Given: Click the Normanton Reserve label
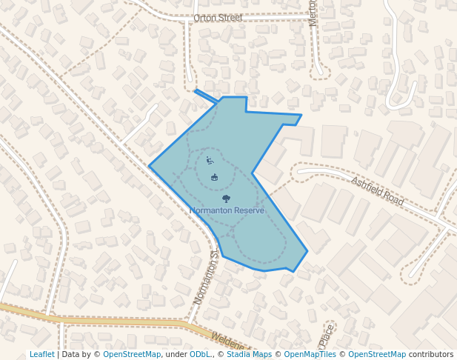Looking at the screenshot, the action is point(227,210).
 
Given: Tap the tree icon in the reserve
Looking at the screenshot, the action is point(226,199).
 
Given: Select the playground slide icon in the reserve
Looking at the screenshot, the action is point(210,160).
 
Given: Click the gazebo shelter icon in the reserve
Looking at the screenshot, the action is point(215,177).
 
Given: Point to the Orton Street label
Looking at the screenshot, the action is point(218,17).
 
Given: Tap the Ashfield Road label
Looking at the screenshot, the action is point(378,191).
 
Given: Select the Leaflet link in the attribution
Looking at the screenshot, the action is point(41,354).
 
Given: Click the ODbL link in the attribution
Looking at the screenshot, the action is point(200,354).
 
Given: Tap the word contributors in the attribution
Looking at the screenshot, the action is point(431,354).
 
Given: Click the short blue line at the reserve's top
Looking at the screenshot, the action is point(207,96).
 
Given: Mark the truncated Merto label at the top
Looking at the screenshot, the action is point(313,13).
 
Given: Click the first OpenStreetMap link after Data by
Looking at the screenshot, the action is point(132,354).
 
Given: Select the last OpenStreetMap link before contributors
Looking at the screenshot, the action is point(377,354).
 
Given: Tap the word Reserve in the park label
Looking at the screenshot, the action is point(248,210).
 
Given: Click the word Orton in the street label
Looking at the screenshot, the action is point(205,17).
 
